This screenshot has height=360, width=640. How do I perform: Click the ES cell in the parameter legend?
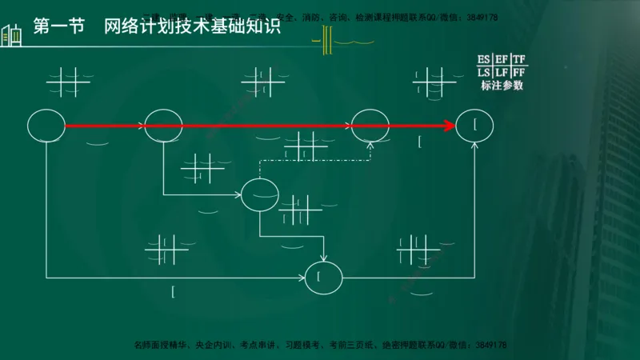[484, 59]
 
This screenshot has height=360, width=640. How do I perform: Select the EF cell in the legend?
[502, 59]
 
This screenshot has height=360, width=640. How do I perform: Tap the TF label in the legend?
[519, 59]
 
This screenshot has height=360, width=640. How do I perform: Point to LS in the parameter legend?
[484, 73]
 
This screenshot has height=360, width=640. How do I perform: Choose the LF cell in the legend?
[502, 73]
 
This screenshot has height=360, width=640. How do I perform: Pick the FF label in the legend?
[519, 73]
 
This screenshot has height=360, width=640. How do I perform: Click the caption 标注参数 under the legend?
[502, 86]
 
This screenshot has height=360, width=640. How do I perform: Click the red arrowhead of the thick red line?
[448, 126]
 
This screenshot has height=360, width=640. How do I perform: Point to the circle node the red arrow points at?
[474, 126]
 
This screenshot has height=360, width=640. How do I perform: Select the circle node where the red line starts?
[46, 126]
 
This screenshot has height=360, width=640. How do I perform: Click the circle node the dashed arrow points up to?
[370, 126]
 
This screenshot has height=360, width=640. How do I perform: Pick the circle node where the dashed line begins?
[260, 194]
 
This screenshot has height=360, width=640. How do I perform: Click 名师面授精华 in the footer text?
[161, 345]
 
